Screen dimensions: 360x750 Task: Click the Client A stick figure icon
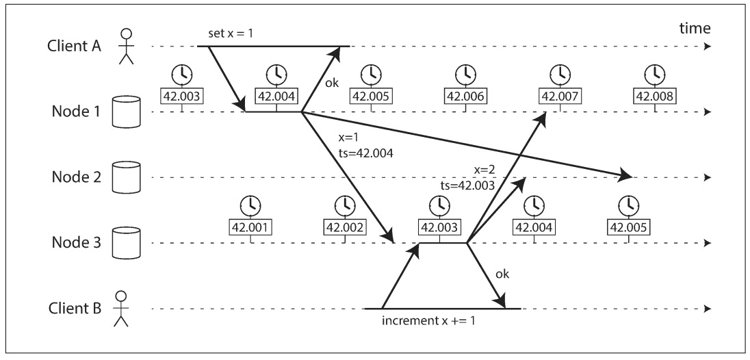(125, 47)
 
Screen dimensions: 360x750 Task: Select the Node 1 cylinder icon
(126, 112)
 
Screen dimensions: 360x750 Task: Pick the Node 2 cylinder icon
(126, 177)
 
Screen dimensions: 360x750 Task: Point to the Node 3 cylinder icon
(126, 243)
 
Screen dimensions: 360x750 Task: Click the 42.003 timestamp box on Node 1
(181, 96)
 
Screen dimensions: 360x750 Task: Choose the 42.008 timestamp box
(655, 96)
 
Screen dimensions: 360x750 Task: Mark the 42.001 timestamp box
(252, 227)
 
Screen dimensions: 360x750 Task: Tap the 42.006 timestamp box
(465, 96)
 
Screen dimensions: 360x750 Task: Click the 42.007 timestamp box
(560, 96)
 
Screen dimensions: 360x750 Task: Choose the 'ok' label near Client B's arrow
(502, 274)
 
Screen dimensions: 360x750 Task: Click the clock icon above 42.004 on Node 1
(276, 73)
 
